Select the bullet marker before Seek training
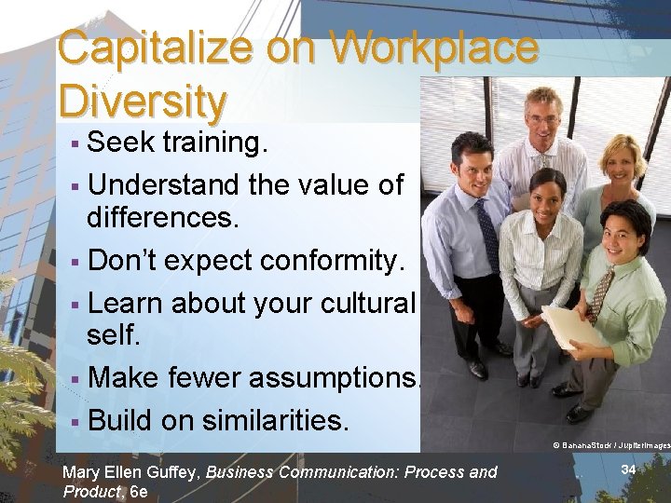click(x=75, y=144)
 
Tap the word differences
click(x=163, y=219)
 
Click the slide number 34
click(x=628, y=470)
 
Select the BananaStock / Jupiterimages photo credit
click(x=610, y=446)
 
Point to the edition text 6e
click(x=139, y=491)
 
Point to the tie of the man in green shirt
click(x=600, y=293)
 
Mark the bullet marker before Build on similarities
click(x=75, y=421)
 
